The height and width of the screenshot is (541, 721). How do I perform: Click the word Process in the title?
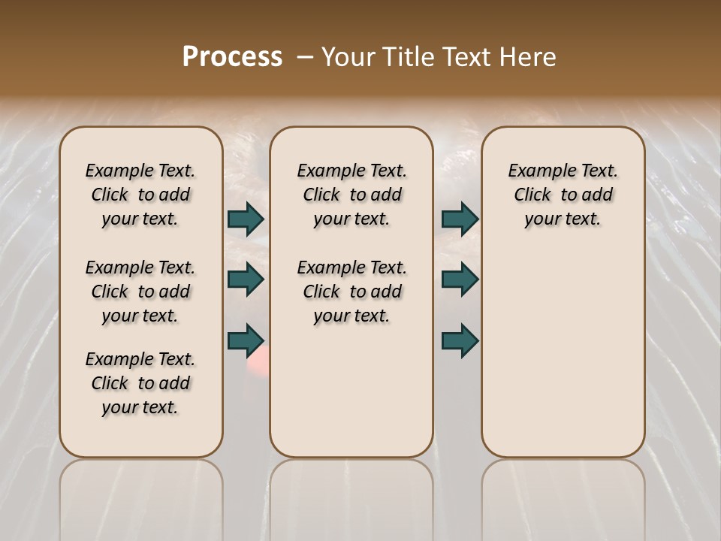(232, 57)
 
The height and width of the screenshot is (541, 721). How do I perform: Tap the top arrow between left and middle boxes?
(246, 219)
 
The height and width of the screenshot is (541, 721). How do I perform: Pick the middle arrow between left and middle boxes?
(246, 280)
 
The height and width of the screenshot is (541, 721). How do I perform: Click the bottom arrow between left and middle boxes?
(246, 340)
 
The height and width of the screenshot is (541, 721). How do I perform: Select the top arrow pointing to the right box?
(460, 219)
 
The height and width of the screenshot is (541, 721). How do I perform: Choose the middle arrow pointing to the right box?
(460, 280)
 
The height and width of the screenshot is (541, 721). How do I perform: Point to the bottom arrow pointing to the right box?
(460, 340)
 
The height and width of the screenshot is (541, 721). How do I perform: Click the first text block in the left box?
(140, 195)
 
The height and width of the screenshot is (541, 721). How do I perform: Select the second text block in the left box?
(140, 292)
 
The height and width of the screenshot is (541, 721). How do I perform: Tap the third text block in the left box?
(140, 383)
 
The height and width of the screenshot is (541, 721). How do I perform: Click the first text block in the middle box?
(351, 195)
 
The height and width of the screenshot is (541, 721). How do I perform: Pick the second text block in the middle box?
(351, 292)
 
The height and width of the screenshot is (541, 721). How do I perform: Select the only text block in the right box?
(563, 195)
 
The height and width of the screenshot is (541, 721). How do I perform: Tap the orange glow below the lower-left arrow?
(257, 365)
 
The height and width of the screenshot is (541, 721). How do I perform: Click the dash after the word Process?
(305, 57)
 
